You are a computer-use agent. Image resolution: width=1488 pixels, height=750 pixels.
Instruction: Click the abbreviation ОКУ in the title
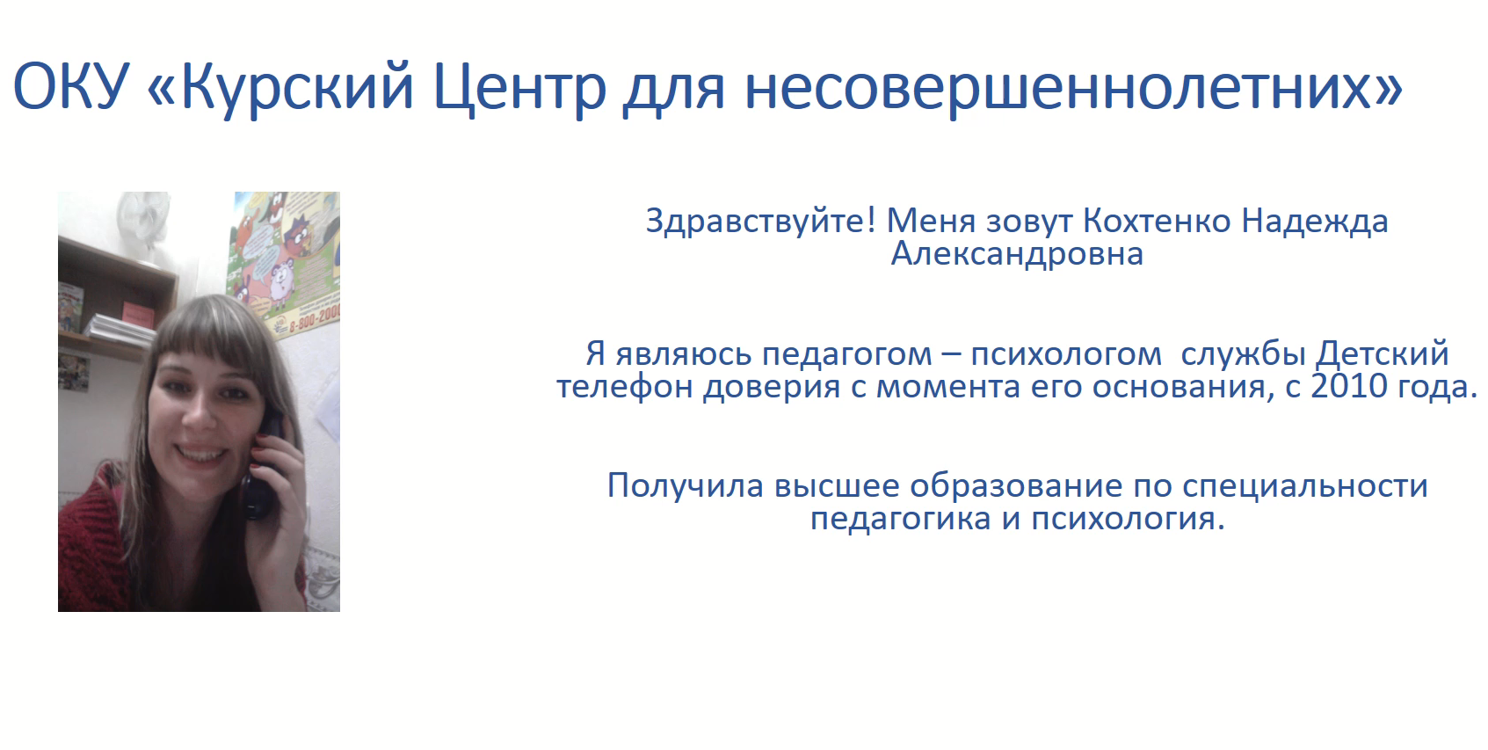point(70,86)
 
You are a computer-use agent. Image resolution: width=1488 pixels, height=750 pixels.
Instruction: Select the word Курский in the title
point(297,86)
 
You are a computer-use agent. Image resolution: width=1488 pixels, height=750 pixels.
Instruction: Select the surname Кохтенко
point(1157,221)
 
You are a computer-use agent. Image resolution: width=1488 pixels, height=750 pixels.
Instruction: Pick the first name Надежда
point(1315,221)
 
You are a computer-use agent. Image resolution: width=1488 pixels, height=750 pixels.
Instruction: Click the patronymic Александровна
point(1017,254)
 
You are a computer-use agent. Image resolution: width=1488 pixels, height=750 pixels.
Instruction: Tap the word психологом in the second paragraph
point(1066,353)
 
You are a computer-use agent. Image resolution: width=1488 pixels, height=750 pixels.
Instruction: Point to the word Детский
point(1382,353)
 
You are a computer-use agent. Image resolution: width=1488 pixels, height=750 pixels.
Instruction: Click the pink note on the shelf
point(138,311)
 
